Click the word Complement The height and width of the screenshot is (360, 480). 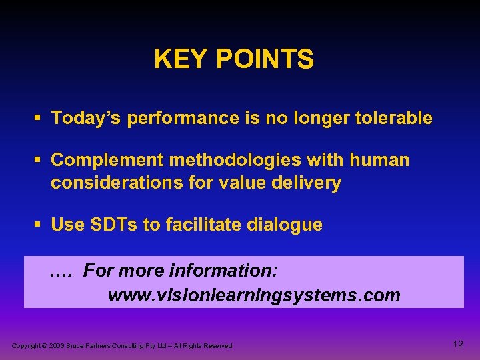107,161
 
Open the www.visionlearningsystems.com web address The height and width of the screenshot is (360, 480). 254,295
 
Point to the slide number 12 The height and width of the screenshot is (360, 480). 457,344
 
